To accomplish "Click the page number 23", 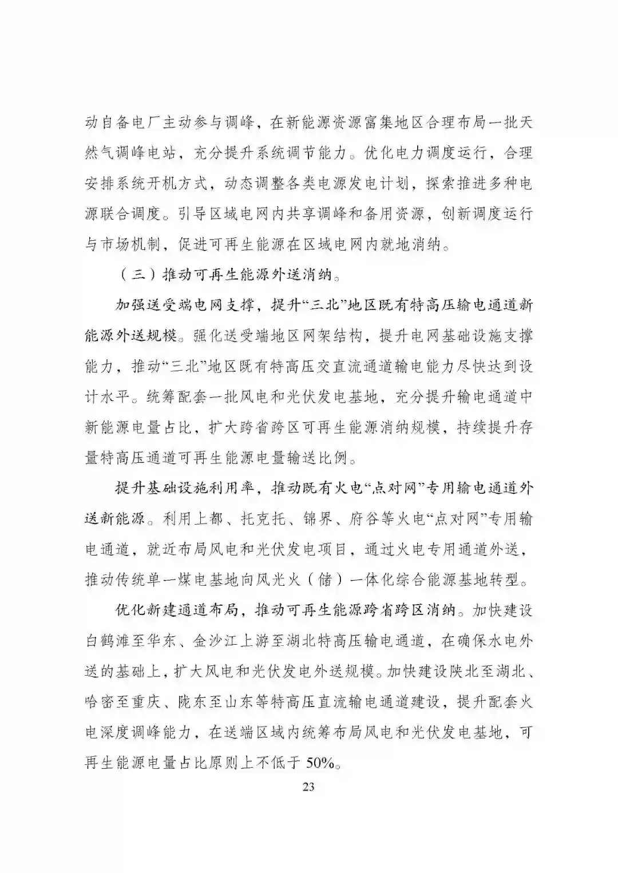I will [308, 786].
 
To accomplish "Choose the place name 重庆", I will [154, 701].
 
